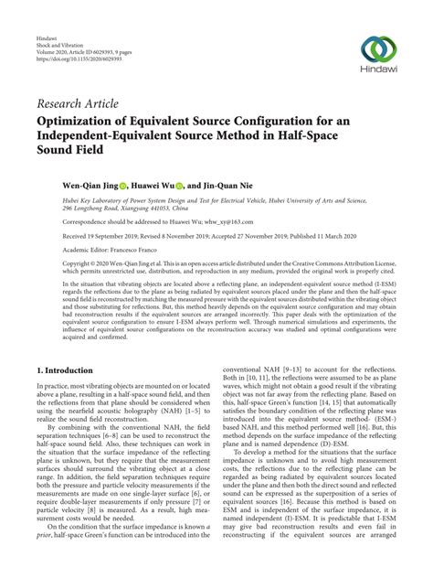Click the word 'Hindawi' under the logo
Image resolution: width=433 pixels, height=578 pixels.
pos(378,75)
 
